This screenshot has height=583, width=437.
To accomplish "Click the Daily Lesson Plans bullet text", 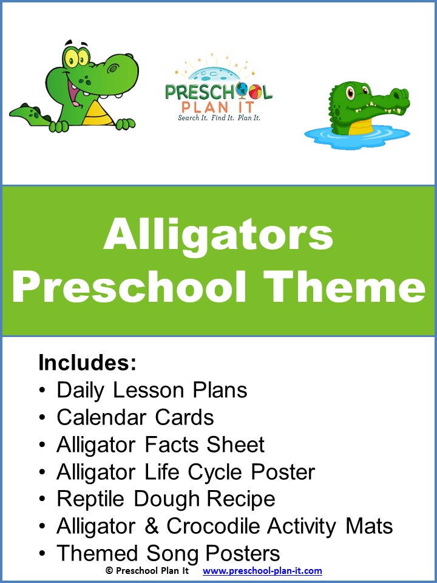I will (x=152, y=390).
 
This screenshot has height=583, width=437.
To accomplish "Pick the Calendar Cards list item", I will (x=135, y=417).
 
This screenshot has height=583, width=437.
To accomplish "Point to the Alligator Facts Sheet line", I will (x=160, y=445).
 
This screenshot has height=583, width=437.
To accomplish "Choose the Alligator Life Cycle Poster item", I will (x=186, y=472).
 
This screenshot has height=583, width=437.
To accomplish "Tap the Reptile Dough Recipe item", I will (x=166, y=499).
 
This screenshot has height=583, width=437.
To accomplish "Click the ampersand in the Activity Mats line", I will (x=150, y=526).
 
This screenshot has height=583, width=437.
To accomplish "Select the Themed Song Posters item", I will (x=168, y=553).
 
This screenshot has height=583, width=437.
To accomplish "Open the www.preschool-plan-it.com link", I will (x=262, y=571).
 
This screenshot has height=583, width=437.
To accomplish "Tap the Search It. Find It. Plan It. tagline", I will (x=218, y=117).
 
